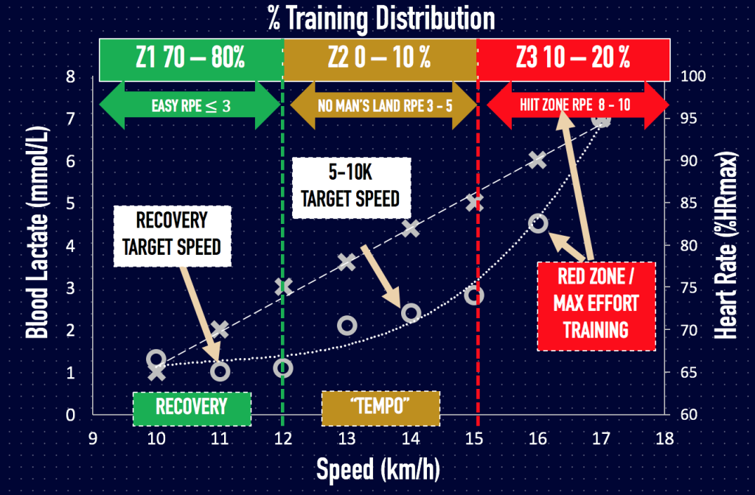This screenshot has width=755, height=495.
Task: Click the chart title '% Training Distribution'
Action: click(x=381, y=18)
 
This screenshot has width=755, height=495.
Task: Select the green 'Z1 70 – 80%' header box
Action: click(x=190, y=60)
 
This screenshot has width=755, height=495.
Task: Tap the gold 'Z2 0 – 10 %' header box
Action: click(x=380, y=60)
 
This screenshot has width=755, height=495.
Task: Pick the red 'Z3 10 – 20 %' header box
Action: click(x=573, y=60)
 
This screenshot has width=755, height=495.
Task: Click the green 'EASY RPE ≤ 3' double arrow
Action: click(x=190, y=105)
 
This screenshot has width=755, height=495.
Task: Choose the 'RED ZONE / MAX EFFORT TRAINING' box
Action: click(x=596, y=306)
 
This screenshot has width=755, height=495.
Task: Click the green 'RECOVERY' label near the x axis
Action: click(x=192, y=407)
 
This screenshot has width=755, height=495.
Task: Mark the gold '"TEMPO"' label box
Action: click(x=380, y=407)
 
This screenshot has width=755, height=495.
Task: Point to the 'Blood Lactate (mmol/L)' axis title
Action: click(x=35, y=245)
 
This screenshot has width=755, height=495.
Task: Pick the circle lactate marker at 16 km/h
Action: click(x=538, y=223)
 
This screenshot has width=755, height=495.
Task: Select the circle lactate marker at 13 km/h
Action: click(x=347, y=325)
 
